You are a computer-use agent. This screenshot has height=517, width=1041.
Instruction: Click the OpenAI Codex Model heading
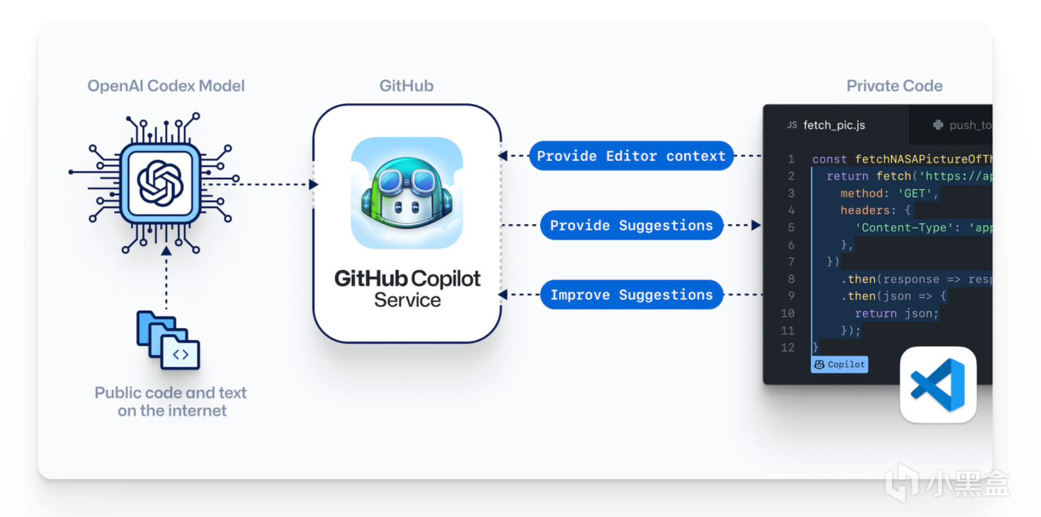(x=166, y=86)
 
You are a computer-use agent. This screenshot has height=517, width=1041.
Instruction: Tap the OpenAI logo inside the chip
(x=160, y=184)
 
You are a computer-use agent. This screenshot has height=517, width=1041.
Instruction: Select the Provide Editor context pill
(x=631, y=156)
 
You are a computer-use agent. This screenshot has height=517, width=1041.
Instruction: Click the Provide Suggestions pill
(x=631, y=225)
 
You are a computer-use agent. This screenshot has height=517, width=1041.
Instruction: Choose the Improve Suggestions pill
(x=631, y=295)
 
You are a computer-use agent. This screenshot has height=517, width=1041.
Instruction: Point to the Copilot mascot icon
(x=407, y=193)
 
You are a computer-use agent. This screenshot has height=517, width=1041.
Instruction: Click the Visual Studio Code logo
(x=938, y=385)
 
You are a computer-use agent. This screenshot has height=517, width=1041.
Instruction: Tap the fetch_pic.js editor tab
(x=833, y=125)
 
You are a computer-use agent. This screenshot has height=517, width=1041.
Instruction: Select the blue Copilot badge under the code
(x=839, y=365)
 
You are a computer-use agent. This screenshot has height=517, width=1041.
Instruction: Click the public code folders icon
(x=168, y=340)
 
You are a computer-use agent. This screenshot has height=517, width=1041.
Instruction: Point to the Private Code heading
(x=894, y=86)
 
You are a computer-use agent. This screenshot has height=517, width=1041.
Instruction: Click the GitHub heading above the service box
(x=406, y=86)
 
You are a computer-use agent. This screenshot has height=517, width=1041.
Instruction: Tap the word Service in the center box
(x=407, y=300)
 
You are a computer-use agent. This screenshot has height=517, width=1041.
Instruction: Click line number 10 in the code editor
(x=787, y=314)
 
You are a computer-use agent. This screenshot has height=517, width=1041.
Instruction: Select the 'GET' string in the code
(x=915, y=193)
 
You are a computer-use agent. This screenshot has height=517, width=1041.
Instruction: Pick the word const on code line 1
(x=829, y=159)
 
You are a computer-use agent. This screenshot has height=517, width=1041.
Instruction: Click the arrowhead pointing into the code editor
(x=756, y=225)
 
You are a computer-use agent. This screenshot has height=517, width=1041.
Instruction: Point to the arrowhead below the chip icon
(x=167, y=251)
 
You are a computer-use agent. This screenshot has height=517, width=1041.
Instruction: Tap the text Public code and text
(x=170, y=393)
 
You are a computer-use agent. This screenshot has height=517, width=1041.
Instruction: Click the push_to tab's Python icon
(x=938, y=125)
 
